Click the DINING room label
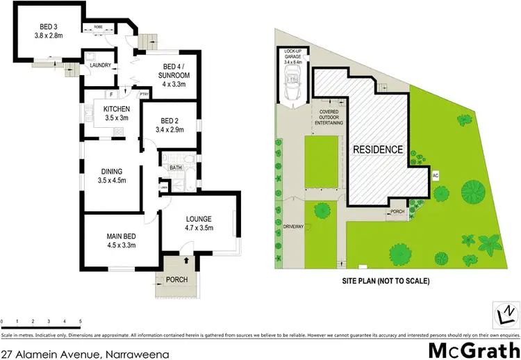(x=112, y=172)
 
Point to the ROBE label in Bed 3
(x=91, y=28)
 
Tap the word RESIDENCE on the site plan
(x=377, y=149)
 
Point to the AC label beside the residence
(x=436, y=175)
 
